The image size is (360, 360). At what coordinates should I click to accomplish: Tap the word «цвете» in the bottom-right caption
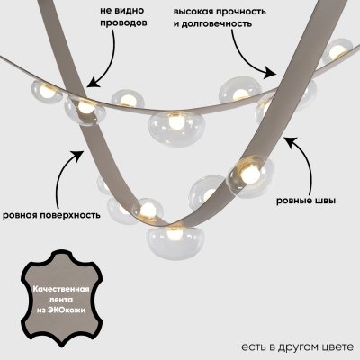[x=339, y=346]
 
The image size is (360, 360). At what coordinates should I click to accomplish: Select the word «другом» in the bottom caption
[x=300, y=346]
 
